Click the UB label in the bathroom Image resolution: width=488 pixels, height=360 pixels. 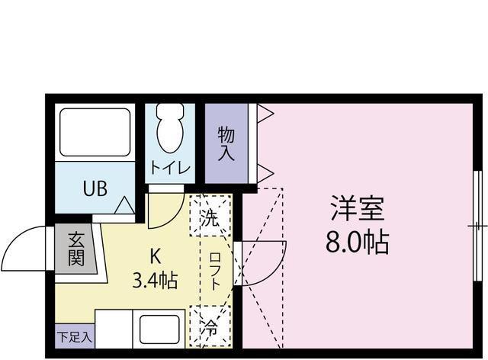pyautogui.click(x=95, y=188)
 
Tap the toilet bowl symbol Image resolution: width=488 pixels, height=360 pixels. pyautogui.click(x=170, y=127)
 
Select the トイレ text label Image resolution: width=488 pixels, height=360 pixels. pyautogui.click(x=170, y=168)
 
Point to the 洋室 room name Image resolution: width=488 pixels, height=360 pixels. pyautogui.click(x=358, y=208)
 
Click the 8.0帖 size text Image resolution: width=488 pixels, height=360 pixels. pyautogui.click(x=358, y=242)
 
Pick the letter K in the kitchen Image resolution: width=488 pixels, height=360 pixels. pyautogui.click(x=156, y=256)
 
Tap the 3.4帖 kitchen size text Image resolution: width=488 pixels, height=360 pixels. pyautogui.click(x=155, y=280)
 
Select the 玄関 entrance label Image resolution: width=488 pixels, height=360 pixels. pyautogui.click(x=76, y=249)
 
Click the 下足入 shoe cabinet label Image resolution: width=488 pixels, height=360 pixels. pyautogui.click(x=75, y=336)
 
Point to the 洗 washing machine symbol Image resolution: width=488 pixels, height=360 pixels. pyautogui.click(x=210, y=216)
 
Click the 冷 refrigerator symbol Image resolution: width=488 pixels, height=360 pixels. pyautogui.click(x=210, y=326)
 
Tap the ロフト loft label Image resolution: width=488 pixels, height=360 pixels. pyautogui.click(x=215, y=272)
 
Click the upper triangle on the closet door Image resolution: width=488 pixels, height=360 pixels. pyautogui.click(x=265, y=113)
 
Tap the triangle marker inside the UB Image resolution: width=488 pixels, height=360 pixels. pyautogui.click(x=125, y=205)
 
